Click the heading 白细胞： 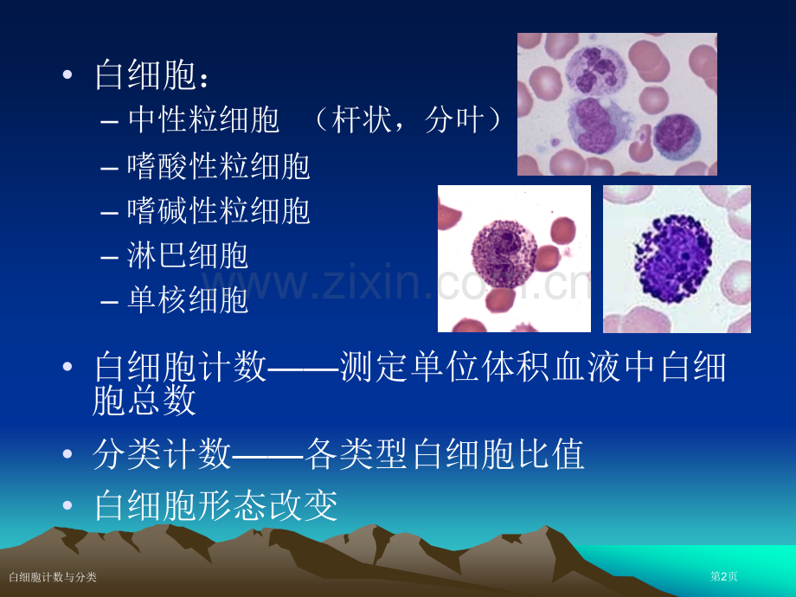tap(151, 75)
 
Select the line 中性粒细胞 tap(203, 119)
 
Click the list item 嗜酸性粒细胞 tap(218, 165)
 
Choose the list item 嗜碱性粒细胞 tap(218, 210)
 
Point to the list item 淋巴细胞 tap(188, 255)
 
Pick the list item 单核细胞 tap(188, 299)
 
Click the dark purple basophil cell tap(673, 259)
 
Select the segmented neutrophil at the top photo tap(595, 69)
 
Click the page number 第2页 tap(723, 576)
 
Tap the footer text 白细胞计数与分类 tap(53, 577)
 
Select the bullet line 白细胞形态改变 tap(216, 505)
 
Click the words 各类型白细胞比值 tap(445, 454)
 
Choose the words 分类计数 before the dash tap(163, 454)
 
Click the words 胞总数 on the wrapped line tap(144, 400)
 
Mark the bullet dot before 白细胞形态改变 tap(67, 505)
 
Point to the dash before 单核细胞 tap(110, 303)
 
